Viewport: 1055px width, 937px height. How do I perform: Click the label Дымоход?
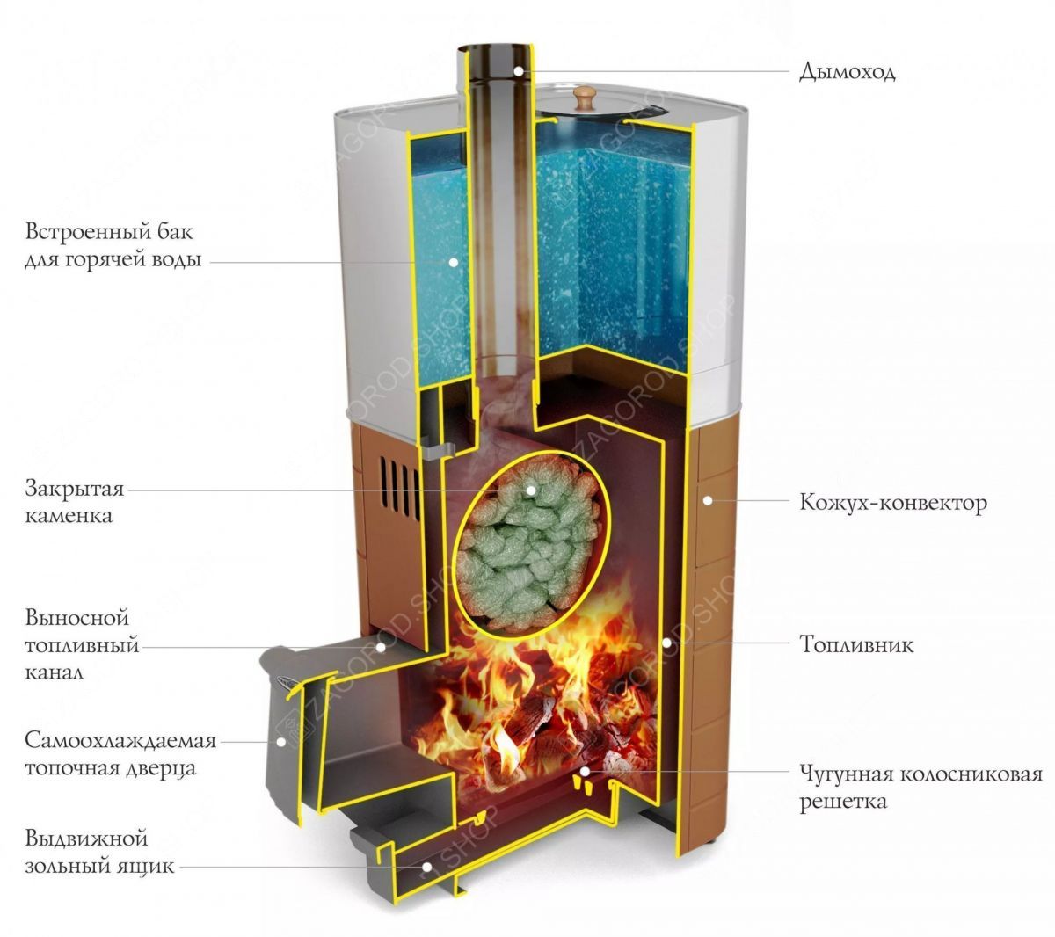coord(847,71)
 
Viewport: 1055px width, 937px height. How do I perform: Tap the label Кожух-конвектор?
coord(893,503)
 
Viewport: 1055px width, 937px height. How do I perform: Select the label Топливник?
coord(856,645)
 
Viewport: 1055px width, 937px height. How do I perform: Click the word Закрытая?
coord(75,490)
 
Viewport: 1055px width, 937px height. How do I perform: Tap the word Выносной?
coord(76,618)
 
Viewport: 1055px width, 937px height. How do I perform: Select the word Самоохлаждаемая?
coord(120,741)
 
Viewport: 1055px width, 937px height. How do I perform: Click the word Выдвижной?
coord(86,839)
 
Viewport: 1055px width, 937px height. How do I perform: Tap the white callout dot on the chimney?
coord(519,71)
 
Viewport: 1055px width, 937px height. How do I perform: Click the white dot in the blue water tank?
coord(454,262)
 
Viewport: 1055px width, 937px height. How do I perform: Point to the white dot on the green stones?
coord(531,490)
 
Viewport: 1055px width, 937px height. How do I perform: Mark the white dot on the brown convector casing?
coord(708,501)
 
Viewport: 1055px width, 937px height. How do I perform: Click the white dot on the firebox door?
coord(281,742)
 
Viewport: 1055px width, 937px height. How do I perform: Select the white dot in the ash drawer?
coord(426,867)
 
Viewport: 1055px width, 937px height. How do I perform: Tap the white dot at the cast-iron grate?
coord(585,771)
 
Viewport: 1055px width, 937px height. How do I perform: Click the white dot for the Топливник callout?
coord(666,643)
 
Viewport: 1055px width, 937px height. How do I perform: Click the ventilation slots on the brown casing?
coord(399,489)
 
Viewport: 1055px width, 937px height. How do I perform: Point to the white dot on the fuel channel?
coord(382,647)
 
